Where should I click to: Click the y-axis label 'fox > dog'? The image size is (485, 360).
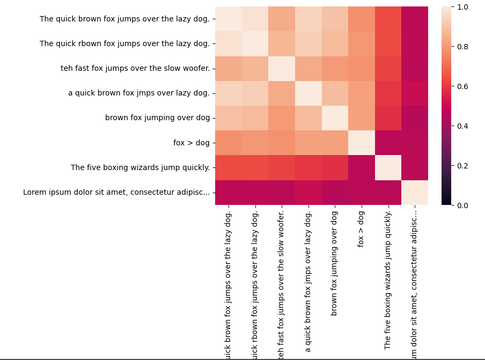click(x=191, y=143)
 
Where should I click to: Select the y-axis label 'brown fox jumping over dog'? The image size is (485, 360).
click(x=157, y=118)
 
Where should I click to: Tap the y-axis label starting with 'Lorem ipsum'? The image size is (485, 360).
click(x=116, y=193)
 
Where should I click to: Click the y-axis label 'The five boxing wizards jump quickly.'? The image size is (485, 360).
click(x=140, y=168)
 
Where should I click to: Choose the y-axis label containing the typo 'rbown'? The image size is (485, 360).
click(x=124, y=44)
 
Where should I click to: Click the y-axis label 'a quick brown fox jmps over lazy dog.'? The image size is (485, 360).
click(x=139, y=93)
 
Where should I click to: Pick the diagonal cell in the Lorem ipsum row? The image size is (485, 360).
click(x=415, y=193)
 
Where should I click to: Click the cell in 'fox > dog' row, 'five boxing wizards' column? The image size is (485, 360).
click(x=388, y=143)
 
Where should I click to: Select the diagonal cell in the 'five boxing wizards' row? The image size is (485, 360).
click(x=388, y=167)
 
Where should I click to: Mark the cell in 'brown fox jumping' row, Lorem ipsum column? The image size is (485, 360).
click(x=415, y=118)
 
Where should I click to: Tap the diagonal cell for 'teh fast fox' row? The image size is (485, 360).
click(x=282, y=68)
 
